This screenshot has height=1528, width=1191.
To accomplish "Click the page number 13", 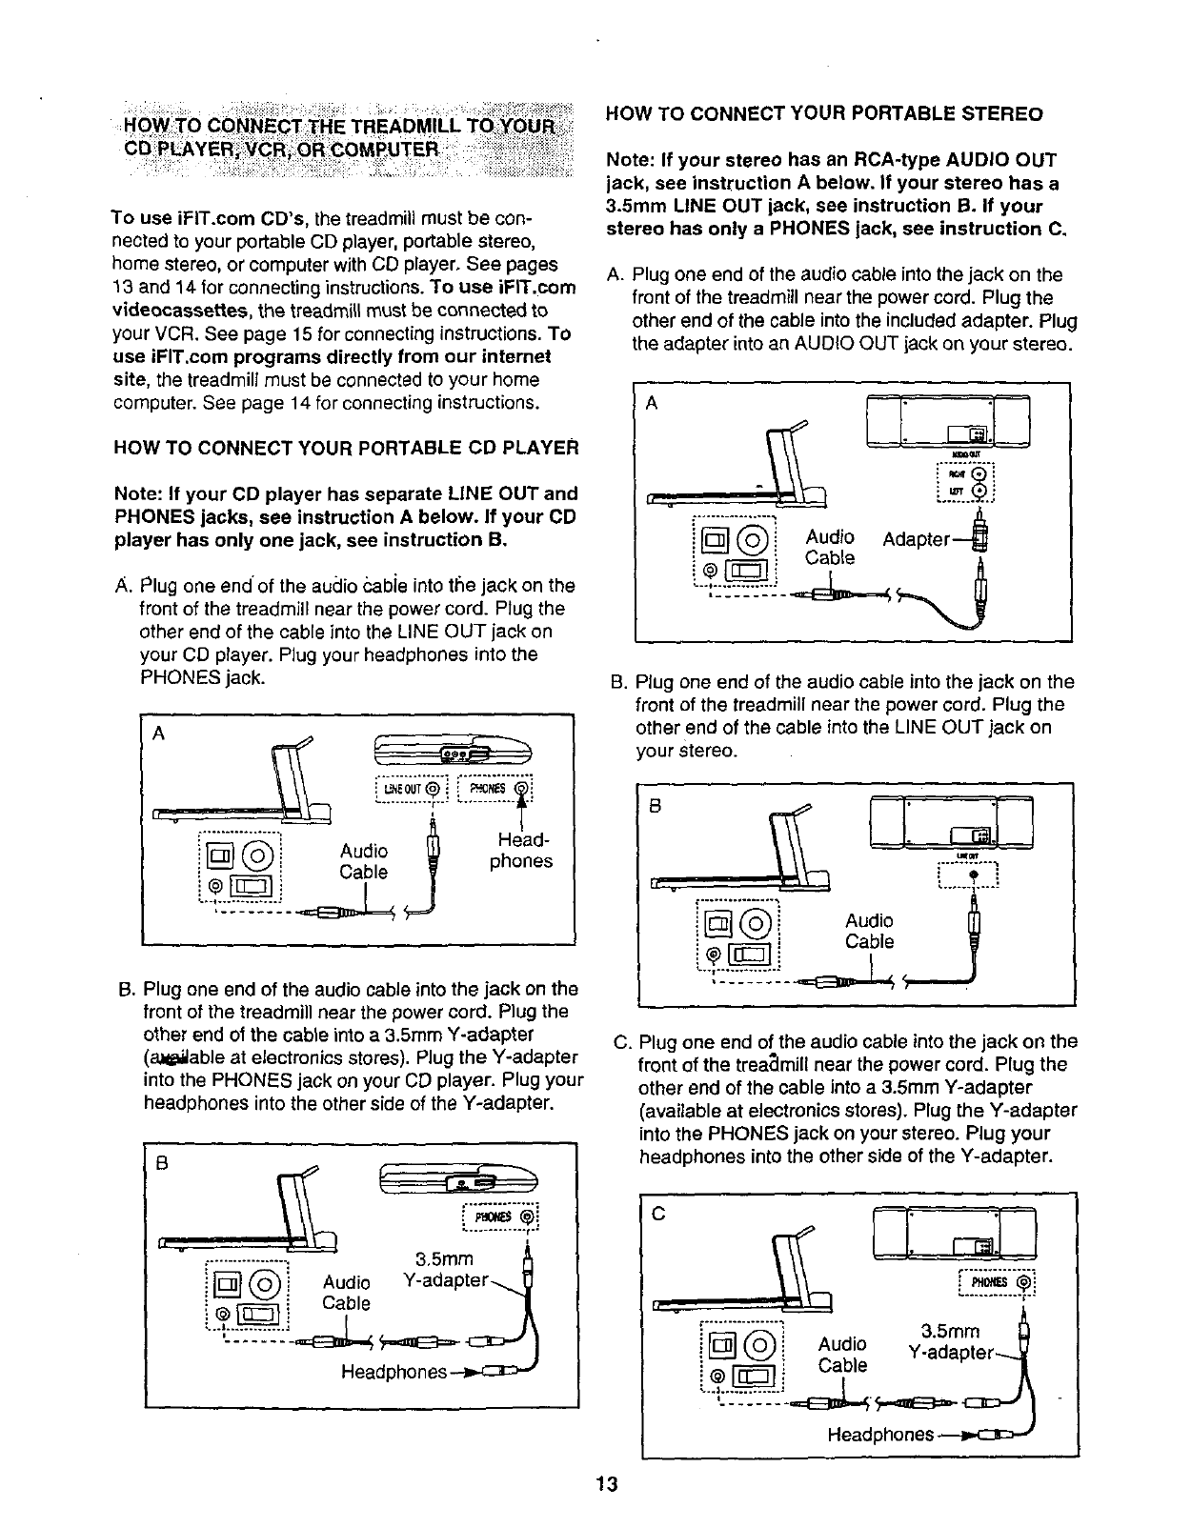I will tap(607, 1483).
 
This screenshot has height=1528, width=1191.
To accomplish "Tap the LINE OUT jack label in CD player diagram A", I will tap(412, 789).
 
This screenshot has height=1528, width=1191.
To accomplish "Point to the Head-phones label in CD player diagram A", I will tap(520, 851).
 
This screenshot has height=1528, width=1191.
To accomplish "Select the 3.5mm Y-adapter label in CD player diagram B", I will tap(446, 1270).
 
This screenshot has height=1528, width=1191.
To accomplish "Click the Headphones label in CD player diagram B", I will tap(394, 1372).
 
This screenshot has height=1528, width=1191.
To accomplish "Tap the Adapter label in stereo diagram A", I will tap(916, 539).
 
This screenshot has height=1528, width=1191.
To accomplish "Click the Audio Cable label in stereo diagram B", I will tap(869, 931).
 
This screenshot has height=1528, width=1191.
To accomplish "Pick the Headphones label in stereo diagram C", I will tap(879, 1435).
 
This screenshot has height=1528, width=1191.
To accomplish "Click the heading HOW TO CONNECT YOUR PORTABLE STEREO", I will tap(824, 114).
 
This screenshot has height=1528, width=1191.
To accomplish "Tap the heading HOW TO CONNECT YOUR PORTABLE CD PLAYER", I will tap(345, 448).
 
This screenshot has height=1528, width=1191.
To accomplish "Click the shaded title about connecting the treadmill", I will tap(342, 138).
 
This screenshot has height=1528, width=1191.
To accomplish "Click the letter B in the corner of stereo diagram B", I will tap(655, 805).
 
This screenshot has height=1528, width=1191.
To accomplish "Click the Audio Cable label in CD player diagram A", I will tap(363, 861).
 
